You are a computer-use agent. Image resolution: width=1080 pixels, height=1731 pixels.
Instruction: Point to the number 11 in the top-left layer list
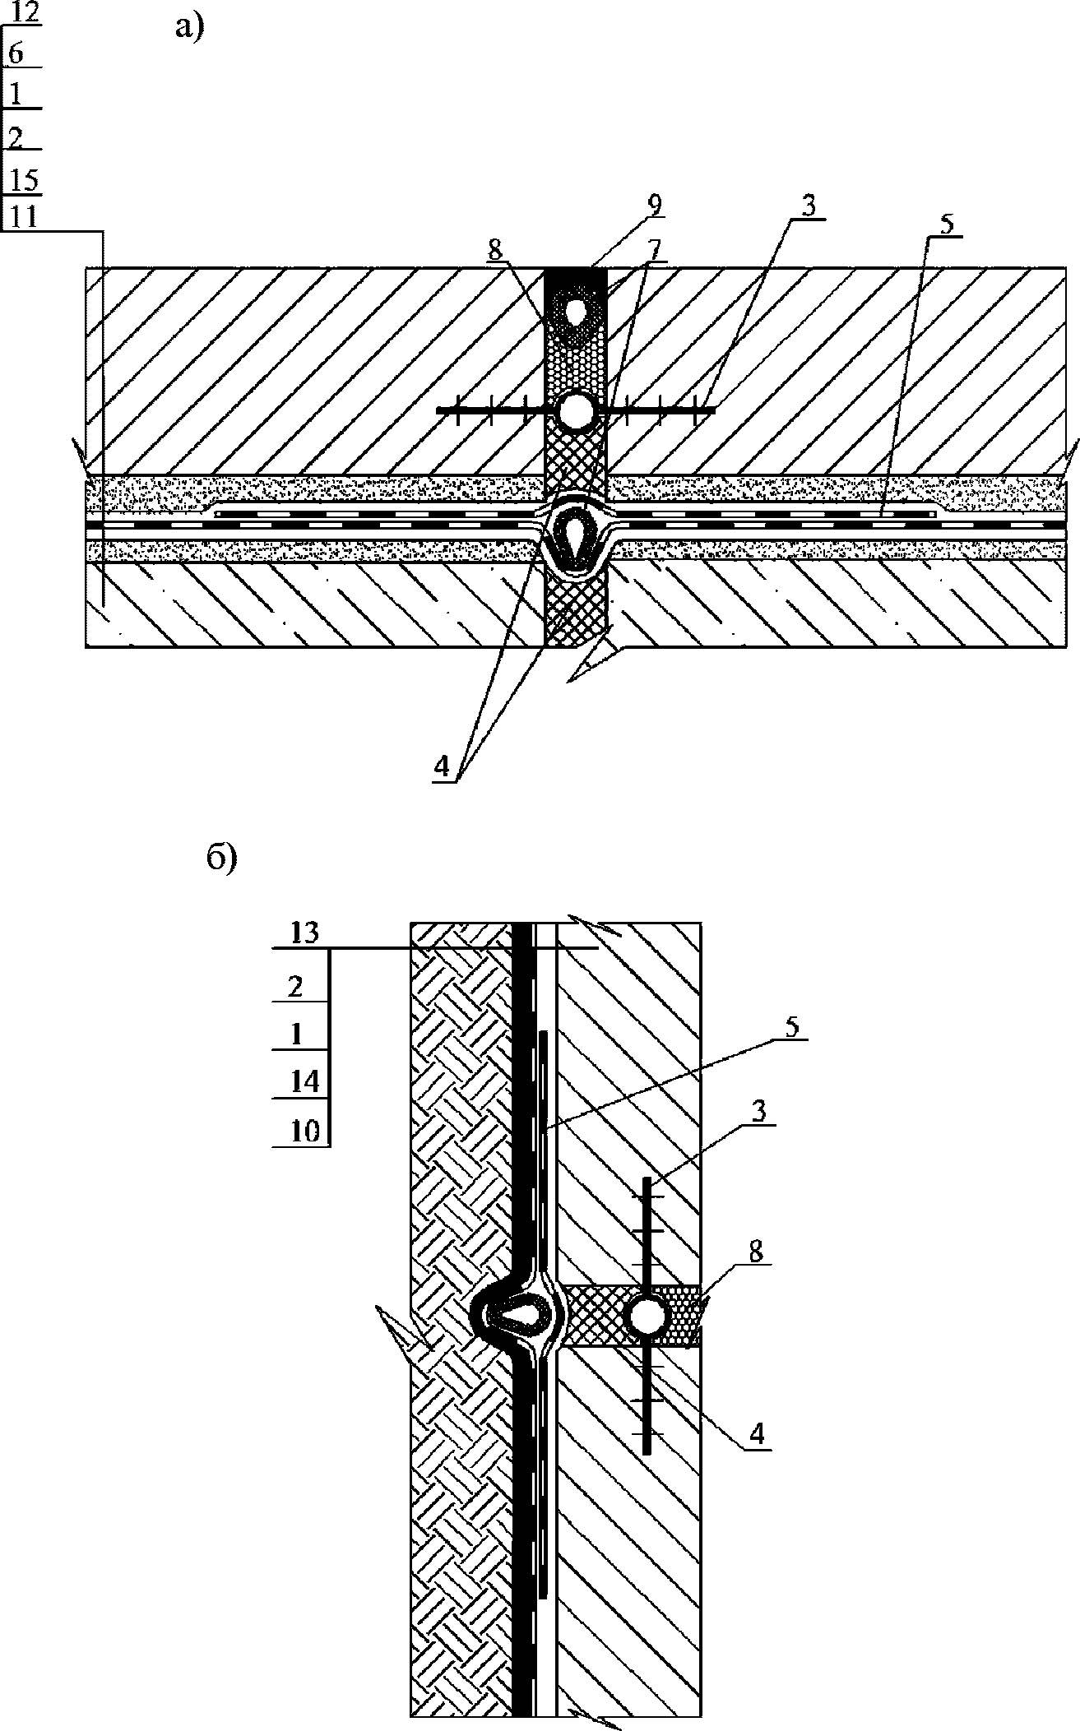[x=21, y=217]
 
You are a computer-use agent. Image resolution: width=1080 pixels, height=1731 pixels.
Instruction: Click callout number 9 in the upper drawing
[x=655, y=206]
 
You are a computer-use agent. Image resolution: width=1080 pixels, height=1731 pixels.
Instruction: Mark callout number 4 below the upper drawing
[x=443, y=767]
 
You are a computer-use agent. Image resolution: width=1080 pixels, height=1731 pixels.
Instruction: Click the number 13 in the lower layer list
[x=305, y=935]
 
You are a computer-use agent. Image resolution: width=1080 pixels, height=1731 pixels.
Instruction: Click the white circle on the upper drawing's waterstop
[x=576, y=411]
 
